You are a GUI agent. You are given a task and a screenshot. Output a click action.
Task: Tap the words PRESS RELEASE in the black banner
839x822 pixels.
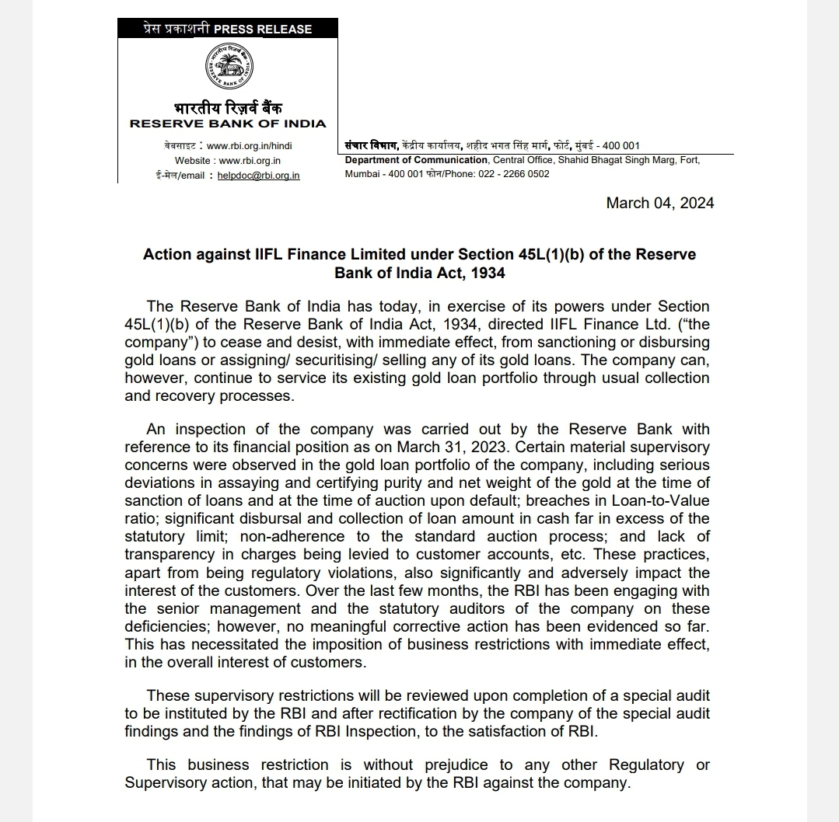coord(263,30)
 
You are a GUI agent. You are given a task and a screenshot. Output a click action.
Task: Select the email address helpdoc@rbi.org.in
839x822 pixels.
coord(258,176)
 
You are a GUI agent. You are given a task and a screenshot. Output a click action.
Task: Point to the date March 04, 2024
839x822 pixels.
coord(660,203)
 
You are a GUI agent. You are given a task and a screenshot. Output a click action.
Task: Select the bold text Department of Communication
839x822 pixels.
coord(416,160)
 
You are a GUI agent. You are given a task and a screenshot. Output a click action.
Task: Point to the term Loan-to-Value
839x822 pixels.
coord(660,500)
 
